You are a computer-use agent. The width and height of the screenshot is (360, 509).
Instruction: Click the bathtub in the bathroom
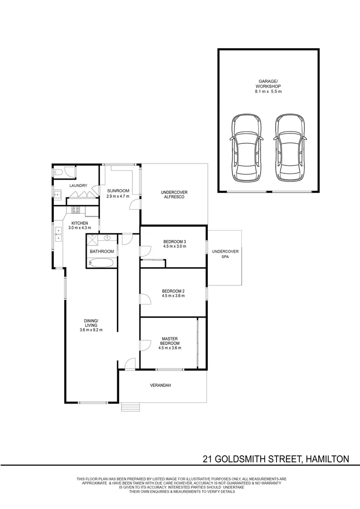click(101, 263)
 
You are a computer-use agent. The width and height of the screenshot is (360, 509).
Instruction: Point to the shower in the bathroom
click(92, 240)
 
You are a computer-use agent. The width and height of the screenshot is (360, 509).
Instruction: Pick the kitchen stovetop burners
click(76, 210)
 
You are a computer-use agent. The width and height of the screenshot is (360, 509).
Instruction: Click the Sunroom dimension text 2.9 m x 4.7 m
click(118, 196)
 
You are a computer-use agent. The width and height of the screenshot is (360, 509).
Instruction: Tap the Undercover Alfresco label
click(174, 195)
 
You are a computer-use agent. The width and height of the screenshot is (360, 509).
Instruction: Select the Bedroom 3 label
click(175, 241)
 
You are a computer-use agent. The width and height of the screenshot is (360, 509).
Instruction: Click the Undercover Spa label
click(225, 254)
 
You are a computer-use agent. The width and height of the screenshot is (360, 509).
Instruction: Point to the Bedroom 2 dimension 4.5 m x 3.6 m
click(173, 296)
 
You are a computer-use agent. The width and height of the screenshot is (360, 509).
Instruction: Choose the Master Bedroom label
click(170, 341)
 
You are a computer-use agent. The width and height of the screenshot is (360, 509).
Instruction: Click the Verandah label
click(160, 386)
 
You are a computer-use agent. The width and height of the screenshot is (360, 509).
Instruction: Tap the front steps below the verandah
click(131, 407)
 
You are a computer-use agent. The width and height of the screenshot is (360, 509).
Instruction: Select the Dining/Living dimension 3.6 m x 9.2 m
click(91, 330)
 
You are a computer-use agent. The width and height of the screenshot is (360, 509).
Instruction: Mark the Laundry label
click(78, 186)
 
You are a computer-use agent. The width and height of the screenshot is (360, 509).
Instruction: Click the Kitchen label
click(80, 223)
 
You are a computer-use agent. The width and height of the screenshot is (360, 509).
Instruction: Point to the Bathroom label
click(102, 251)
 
